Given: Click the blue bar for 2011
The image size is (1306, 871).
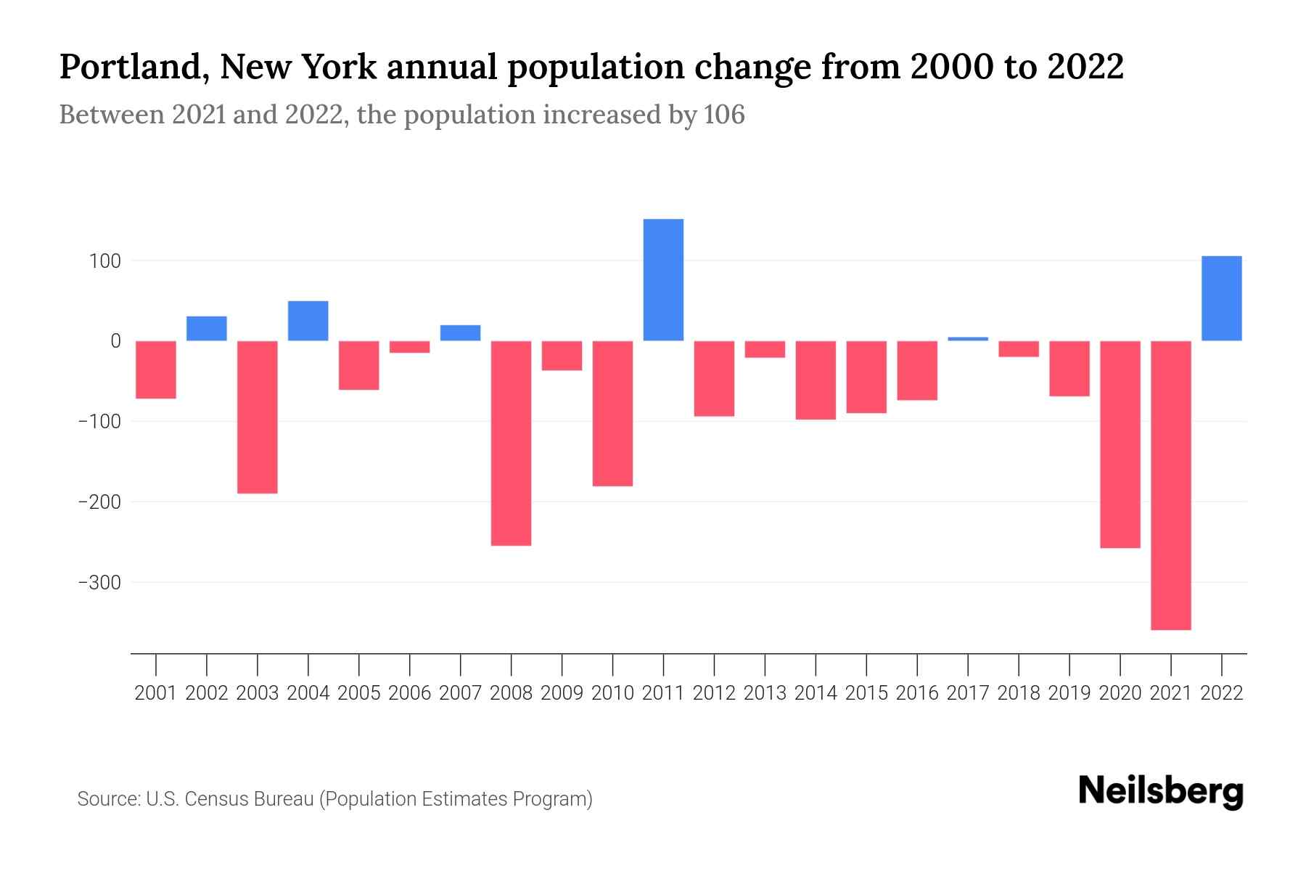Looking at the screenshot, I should click(663, 279).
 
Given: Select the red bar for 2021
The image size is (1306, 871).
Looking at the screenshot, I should click(1171, 485).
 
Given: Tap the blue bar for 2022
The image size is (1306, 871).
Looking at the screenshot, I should click(1222, 298).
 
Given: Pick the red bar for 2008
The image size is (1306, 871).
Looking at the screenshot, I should click(512, 443).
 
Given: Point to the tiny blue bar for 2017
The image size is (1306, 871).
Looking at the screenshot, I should click(968, 338).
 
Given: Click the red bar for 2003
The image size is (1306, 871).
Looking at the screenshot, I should click(258, 417).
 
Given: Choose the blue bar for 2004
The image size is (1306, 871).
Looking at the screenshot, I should click(308, 321).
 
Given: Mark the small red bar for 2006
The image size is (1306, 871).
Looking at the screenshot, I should click(410, 347).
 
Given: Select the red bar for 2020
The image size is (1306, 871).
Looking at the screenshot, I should click(1120, 444).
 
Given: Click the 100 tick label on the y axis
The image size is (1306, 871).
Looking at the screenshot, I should click(104, 261).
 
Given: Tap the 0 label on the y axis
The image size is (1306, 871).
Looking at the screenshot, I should click(115, 341).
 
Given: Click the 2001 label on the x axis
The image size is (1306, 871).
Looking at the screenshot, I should click(156, 693).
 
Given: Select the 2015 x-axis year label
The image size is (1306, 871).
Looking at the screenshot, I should click(866, 693).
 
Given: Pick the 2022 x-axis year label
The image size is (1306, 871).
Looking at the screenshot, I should click(1222, 693).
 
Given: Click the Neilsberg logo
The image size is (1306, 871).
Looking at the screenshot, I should click(1161, 792).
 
